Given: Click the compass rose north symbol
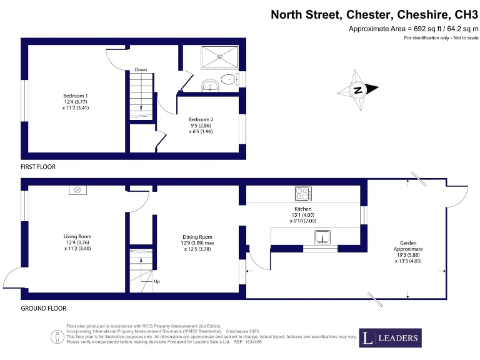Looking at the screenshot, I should [358, 90].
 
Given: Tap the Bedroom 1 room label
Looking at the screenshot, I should [75, 101].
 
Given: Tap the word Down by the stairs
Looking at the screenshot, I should [141, 69].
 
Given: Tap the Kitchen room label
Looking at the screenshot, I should [303, 214].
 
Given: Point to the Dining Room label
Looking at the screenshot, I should [197, 243].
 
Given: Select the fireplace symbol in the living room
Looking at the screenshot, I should [78, 190].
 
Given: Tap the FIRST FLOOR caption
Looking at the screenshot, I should [38, 167].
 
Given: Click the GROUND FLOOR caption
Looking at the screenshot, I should [43, 308].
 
